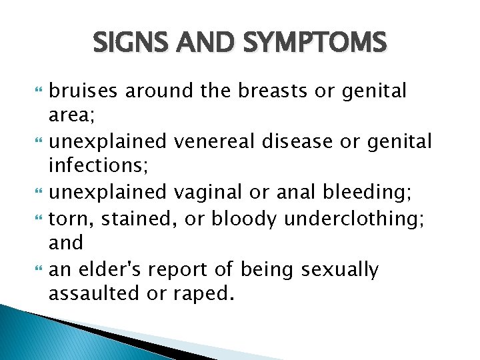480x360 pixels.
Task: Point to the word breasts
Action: pos(262,90)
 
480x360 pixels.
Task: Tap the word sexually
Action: pos(340,270)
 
